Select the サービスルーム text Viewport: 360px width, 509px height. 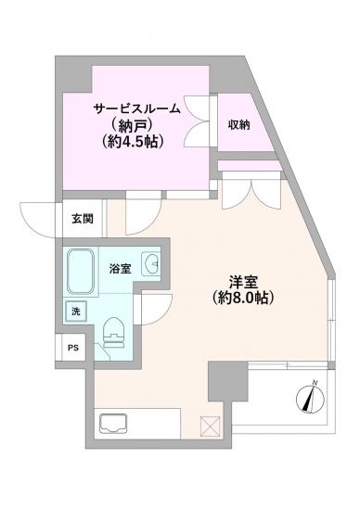pos(139,108)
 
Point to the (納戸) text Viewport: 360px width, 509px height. pos(137,126)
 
